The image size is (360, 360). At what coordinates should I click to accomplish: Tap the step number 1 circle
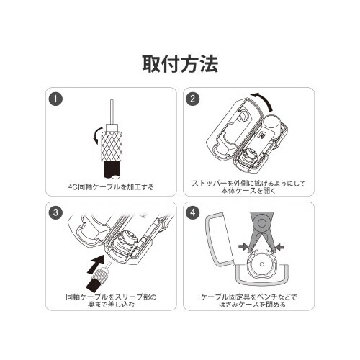click(56, 98)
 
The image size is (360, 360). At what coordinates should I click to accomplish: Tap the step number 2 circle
click(193, 98)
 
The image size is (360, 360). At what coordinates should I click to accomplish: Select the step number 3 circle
click(56, 212)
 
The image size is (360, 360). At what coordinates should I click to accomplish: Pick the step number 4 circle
click(193, 212)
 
